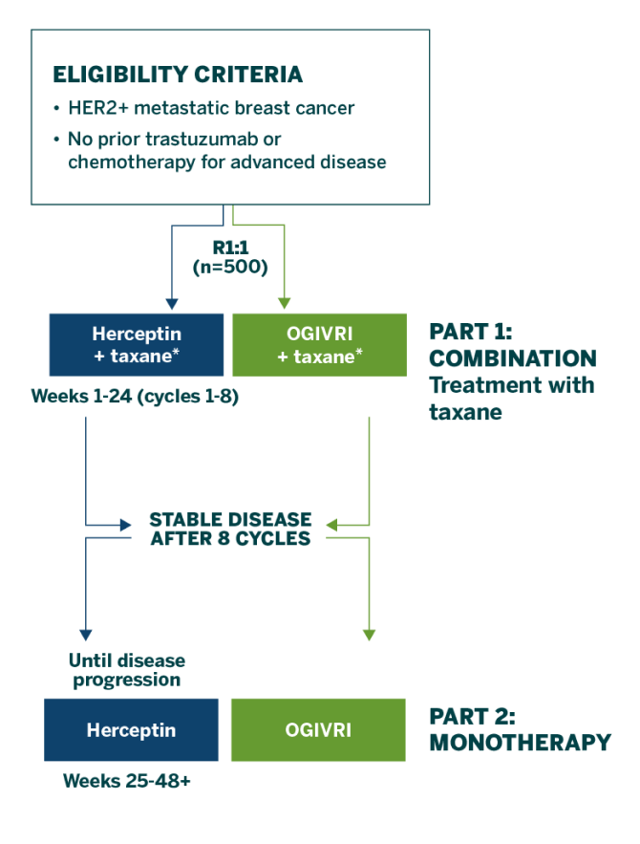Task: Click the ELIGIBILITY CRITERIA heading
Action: click(178, 75)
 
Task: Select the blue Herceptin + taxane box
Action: click(137, 344)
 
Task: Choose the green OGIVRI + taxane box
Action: click(320, 344)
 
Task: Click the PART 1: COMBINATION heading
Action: click(512, 346)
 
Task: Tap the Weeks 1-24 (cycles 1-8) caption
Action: click(134, 396)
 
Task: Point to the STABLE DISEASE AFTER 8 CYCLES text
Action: click(229, 529)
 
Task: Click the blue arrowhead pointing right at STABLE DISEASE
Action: click(125, 524)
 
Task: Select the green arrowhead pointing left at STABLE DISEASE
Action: click(331, 524)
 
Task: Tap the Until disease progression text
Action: click(125, 671)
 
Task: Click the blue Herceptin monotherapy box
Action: click(132, 730)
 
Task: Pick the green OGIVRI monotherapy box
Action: click(318, 730)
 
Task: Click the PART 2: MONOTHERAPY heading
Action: click(520, 730)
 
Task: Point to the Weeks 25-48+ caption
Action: click(127, 781)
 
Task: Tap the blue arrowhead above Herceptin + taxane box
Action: click(171, 304)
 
